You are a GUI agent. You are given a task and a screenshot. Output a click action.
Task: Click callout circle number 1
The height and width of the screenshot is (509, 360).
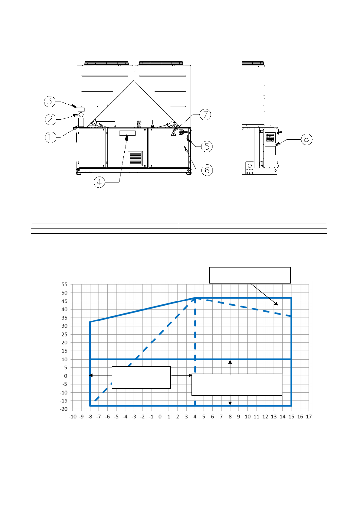click(51, 137)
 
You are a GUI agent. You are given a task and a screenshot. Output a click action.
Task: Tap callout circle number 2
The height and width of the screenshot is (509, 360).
click(51, 119)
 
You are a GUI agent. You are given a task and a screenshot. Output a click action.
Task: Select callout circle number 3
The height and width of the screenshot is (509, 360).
click(50, 101)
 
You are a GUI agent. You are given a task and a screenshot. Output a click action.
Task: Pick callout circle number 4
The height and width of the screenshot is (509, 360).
click(99, 182)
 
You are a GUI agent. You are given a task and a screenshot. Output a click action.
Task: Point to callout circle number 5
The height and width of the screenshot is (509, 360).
click(207, 147)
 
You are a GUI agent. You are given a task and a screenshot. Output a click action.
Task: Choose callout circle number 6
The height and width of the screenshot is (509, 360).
click(207, 170)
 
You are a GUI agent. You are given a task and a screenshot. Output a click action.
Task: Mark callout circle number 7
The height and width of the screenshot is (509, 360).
click(205, 115)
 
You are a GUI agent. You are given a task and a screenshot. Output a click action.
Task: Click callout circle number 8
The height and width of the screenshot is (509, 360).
click(306, 139)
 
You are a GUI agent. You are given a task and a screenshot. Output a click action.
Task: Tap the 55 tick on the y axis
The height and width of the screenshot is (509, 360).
click(64, 284)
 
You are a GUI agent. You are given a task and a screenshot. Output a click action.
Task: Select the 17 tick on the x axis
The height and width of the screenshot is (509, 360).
click(309, 417)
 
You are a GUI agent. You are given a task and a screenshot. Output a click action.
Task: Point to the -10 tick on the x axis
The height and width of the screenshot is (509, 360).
click(73, 417)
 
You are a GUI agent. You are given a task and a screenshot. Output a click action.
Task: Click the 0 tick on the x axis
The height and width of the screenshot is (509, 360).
click(160, 417)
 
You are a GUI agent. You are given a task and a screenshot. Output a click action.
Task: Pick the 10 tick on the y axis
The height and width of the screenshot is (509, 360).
click(64, 359)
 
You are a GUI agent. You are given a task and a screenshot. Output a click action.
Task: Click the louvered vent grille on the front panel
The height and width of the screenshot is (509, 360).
click(135, 158)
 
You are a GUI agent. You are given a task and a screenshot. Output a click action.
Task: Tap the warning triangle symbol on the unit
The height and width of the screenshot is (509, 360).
click(174, 133)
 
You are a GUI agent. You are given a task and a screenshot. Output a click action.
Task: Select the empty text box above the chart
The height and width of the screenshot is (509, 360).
click(250, 275)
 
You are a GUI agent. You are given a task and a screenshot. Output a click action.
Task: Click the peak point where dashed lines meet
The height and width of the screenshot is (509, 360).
click(195, 298)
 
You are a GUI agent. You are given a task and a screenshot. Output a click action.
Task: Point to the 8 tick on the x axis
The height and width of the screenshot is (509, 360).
click(230, 417)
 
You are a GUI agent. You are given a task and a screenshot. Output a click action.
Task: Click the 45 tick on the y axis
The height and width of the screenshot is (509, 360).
click(64, 301)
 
